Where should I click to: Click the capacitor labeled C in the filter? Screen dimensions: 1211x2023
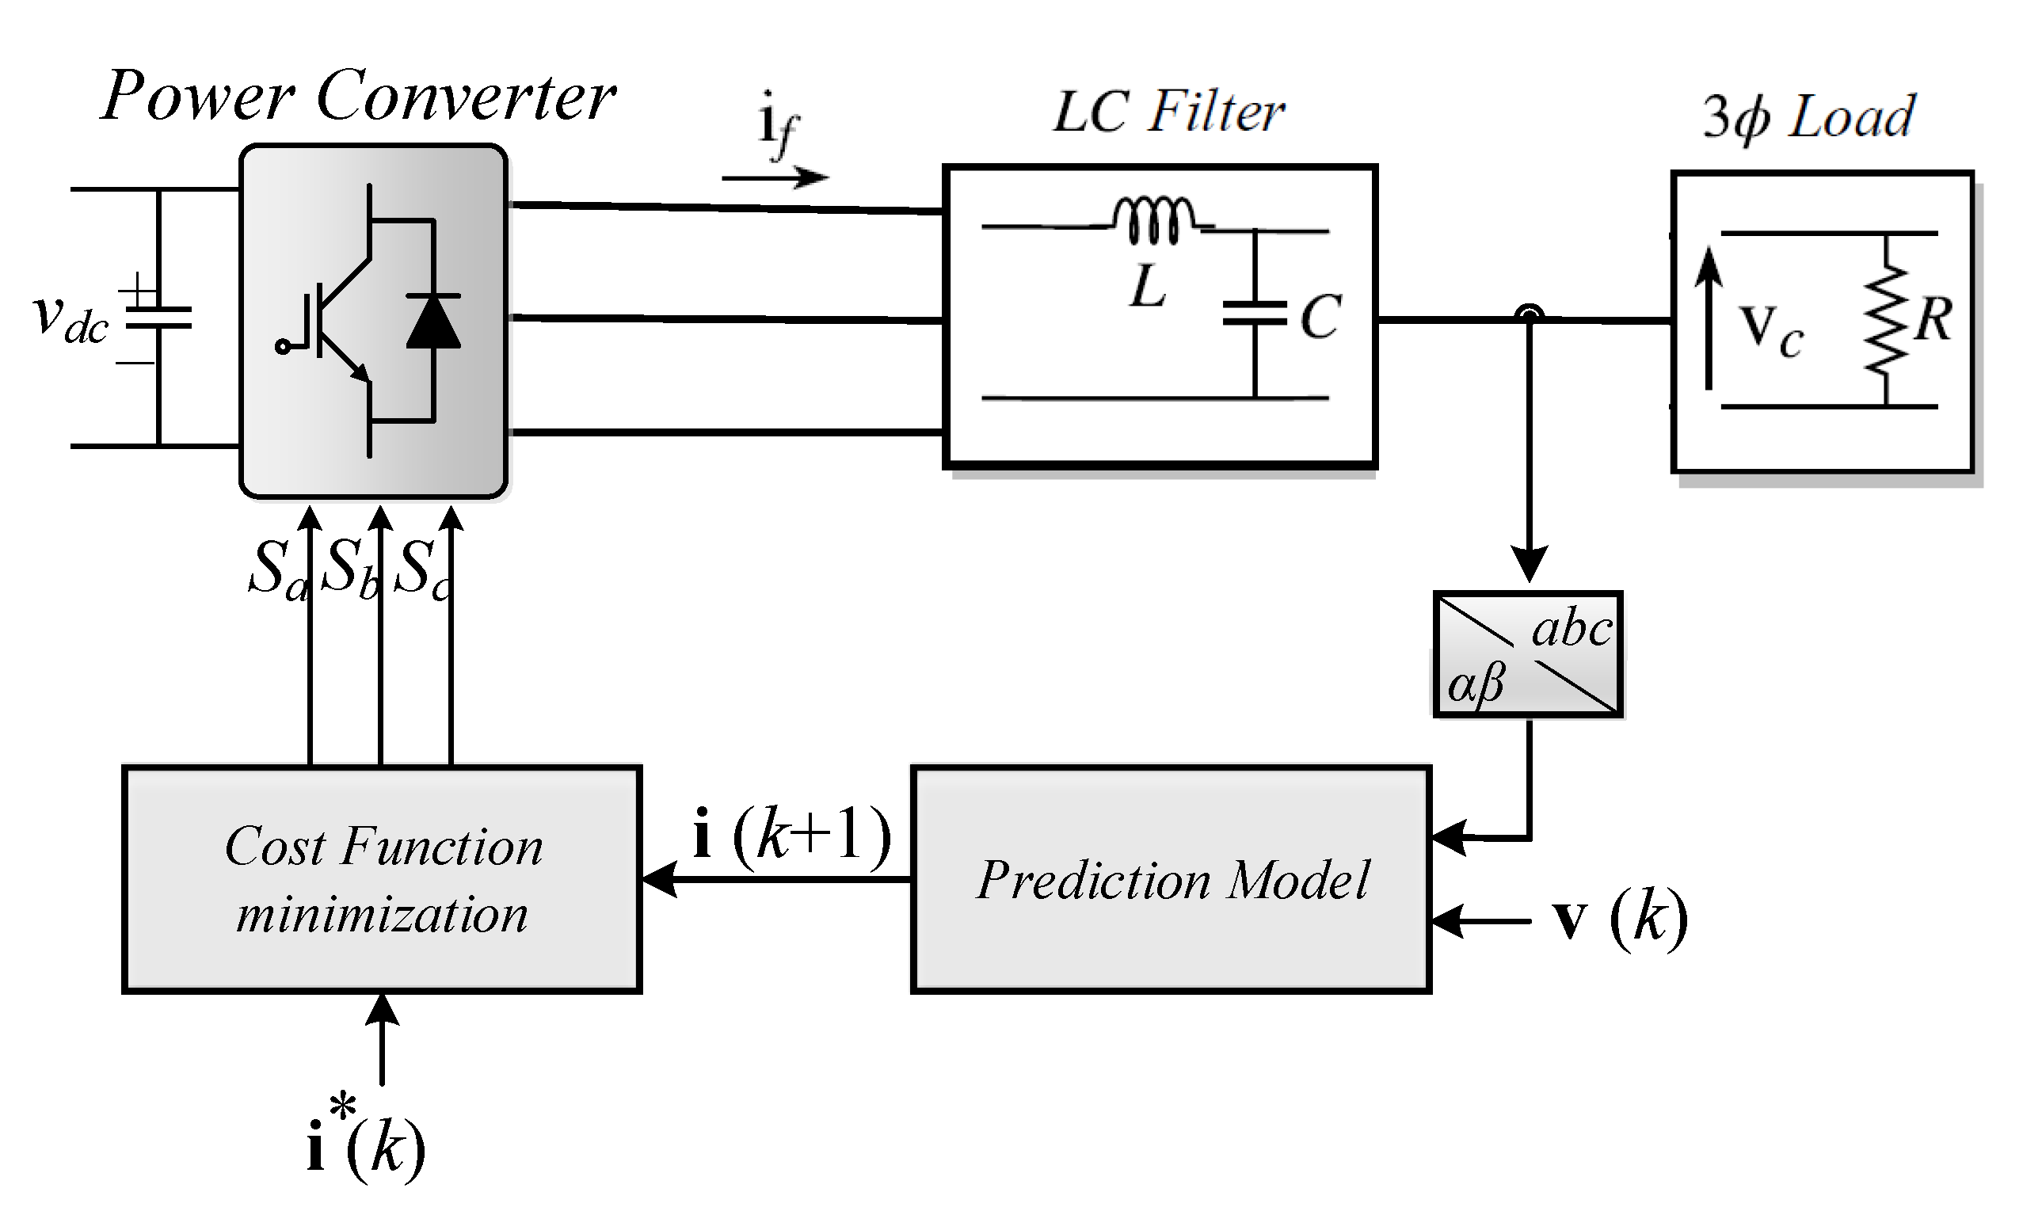1255,314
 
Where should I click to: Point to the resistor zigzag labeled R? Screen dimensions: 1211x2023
1885,320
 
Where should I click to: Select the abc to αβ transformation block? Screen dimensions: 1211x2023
1528,653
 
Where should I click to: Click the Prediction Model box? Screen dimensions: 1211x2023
1170,879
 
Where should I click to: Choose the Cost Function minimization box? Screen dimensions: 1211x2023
381,879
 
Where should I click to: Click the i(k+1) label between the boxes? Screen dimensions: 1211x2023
790,835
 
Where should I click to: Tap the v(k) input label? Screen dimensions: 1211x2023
1620,920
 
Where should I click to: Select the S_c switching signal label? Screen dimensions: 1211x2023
420,569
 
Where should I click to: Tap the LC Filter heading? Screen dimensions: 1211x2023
1168,112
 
